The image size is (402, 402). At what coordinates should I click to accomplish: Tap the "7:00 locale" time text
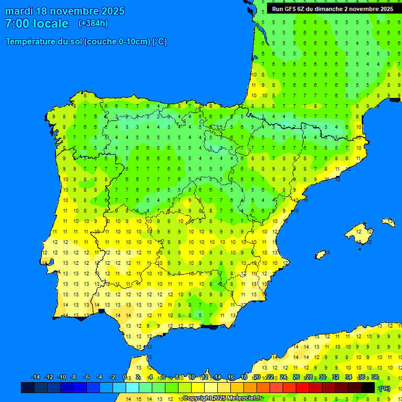tap(37, 24)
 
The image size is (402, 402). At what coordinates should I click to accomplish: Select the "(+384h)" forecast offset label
tap(93, 24)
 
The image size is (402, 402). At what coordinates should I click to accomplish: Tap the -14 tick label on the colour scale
tap(36, 377)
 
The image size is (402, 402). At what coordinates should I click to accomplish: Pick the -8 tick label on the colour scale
tap(74, 377)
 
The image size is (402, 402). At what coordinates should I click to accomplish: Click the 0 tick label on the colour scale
tap(125, 377)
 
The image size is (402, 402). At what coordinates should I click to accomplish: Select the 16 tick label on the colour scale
tap(231, 377)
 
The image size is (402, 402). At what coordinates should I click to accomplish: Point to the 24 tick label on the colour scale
tap(283, 377)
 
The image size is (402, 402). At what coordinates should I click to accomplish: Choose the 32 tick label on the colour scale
tap(336, 377)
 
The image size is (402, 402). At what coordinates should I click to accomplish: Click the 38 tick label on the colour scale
tap(374, 377)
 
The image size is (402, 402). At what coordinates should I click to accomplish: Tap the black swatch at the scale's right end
tap(368, 388)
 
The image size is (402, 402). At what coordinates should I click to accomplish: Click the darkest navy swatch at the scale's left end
tap(28, 388)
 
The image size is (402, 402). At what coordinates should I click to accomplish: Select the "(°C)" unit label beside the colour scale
tap(385, 388)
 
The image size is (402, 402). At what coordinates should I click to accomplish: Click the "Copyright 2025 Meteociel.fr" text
tap(222, 398)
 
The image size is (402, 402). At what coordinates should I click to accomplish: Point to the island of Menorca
tap(388, 222)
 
